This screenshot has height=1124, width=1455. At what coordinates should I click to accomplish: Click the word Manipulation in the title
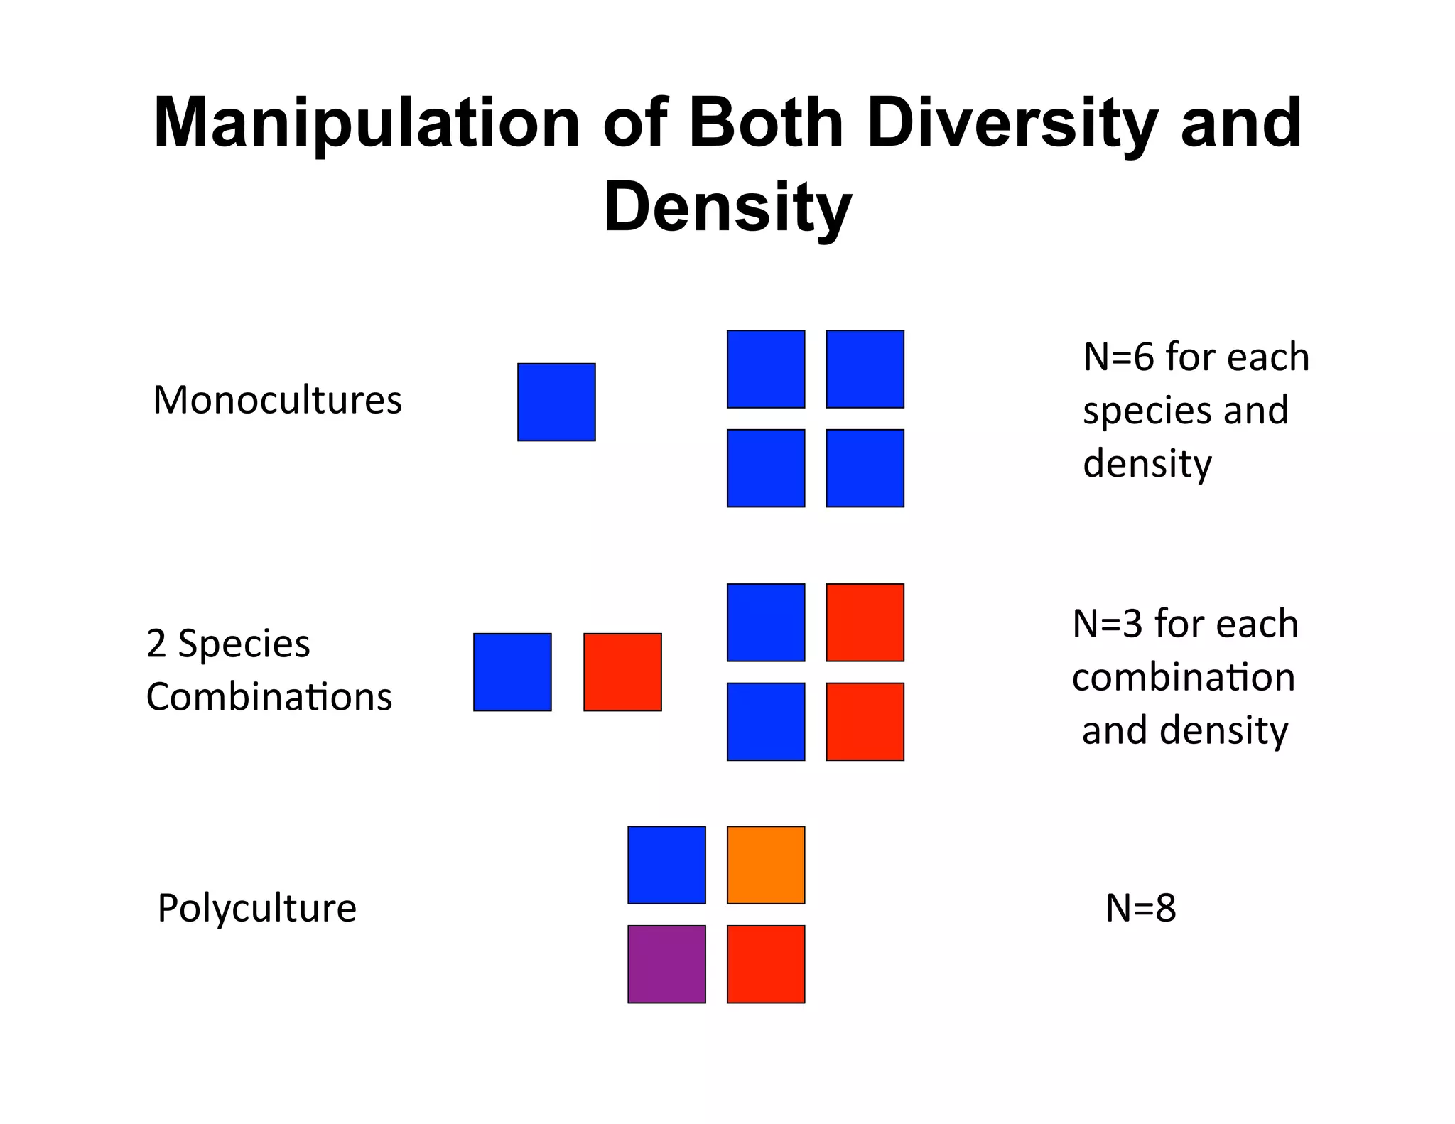click(x=367, y=124)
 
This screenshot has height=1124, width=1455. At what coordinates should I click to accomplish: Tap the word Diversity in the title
click(x=1012, y=124)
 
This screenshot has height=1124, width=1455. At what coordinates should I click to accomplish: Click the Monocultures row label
click(x=277, y=400)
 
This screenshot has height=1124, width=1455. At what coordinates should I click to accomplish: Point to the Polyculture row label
click(x=256, y=908)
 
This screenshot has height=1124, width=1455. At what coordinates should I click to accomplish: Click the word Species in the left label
click(x=244, y=644)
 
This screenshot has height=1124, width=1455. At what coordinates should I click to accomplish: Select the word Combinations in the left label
click(x=269, y=697)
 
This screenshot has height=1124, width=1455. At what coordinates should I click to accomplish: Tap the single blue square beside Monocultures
click(x=556, y=402)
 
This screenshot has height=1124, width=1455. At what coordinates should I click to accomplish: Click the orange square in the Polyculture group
click(x=766, y=865)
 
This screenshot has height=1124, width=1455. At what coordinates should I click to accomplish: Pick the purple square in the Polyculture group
click(x=666, y=964)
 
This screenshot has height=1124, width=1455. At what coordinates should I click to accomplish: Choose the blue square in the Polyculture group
click(x=666, y=865)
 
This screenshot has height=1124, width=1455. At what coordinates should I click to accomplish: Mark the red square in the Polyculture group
click(x=766, y=964)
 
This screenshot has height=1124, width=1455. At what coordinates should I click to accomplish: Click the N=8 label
click(x=1140, y=908)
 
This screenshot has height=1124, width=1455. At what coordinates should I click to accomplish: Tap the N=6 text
click(x=1118, y=357)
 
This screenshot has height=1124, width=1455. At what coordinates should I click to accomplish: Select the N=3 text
click(x=1108, y=624)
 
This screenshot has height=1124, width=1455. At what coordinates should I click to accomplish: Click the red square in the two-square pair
click(x=622, y=672)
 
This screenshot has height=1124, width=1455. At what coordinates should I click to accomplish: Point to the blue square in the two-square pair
click(x=512, y=672)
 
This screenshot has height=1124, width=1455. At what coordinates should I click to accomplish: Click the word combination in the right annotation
click(x=1183, y=677)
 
